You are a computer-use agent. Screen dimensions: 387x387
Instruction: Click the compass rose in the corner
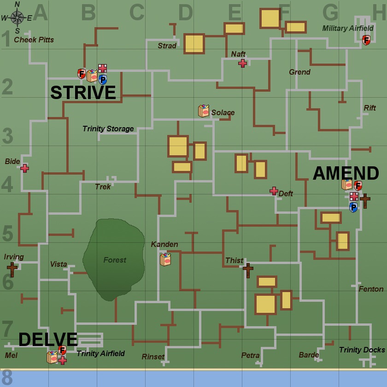click(17, 18)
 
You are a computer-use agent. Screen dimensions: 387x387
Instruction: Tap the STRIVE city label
click(83, 93)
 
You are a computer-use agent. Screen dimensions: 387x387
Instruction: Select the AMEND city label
click(346, 174)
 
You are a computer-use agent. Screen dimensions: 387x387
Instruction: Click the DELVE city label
click(48, 340)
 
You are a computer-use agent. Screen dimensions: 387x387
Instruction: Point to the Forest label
click(115, 260)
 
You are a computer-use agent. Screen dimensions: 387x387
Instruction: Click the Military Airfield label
click(348, 29)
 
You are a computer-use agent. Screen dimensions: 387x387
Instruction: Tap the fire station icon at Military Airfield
click(366, 40)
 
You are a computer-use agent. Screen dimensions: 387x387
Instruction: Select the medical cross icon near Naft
click(243, 63)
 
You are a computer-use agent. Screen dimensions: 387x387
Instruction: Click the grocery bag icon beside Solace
click(204, 111)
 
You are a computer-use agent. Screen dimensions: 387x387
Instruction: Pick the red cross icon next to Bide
click(24, 168)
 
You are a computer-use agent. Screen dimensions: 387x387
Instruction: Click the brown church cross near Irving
click(12, 270)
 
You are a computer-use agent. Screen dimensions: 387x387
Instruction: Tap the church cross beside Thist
click(248, 270)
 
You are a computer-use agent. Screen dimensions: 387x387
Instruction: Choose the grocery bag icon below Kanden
click(165, 260)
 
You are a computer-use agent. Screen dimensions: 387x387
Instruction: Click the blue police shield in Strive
click(103, 80)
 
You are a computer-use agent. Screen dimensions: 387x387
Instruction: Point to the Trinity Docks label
click(362, 350)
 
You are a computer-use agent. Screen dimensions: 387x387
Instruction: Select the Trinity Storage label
click(108, 129)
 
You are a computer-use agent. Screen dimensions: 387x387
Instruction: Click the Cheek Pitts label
click(34, 40)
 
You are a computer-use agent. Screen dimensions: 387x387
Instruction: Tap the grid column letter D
click(185, 13)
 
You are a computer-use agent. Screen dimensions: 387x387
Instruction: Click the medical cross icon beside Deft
click(274, 191)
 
